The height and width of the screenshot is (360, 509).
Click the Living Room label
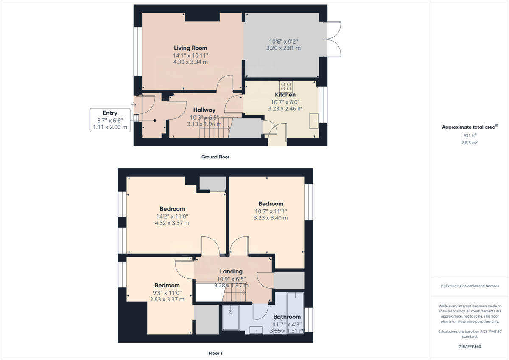(190, 48)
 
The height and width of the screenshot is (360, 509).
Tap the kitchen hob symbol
(285, 85)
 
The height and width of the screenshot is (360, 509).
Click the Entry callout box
(109, 120)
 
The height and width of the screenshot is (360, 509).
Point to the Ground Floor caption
(215, 157)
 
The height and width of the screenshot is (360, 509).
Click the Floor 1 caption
(215, 353)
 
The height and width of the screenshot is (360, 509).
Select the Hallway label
(204, 110)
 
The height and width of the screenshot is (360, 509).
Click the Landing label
(231, 271)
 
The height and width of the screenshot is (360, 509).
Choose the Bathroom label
(287, 317)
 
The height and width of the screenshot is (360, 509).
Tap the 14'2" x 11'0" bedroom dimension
(172, 216)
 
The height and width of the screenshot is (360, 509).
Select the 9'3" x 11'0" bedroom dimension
(167, 292)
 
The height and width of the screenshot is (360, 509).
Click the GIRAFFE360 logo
(470, 346)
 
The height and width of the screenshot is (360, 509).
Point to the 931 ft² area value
(470, 135)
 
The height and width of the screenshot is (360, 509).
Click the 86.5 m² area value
(470, 143)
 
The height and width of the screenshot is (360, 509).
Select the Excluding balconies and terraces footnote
(470, 286)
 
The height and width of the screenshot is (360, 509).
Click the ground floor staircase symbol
(215, 128)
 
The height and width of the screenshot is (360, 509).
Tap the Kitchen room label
(285, 95)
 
